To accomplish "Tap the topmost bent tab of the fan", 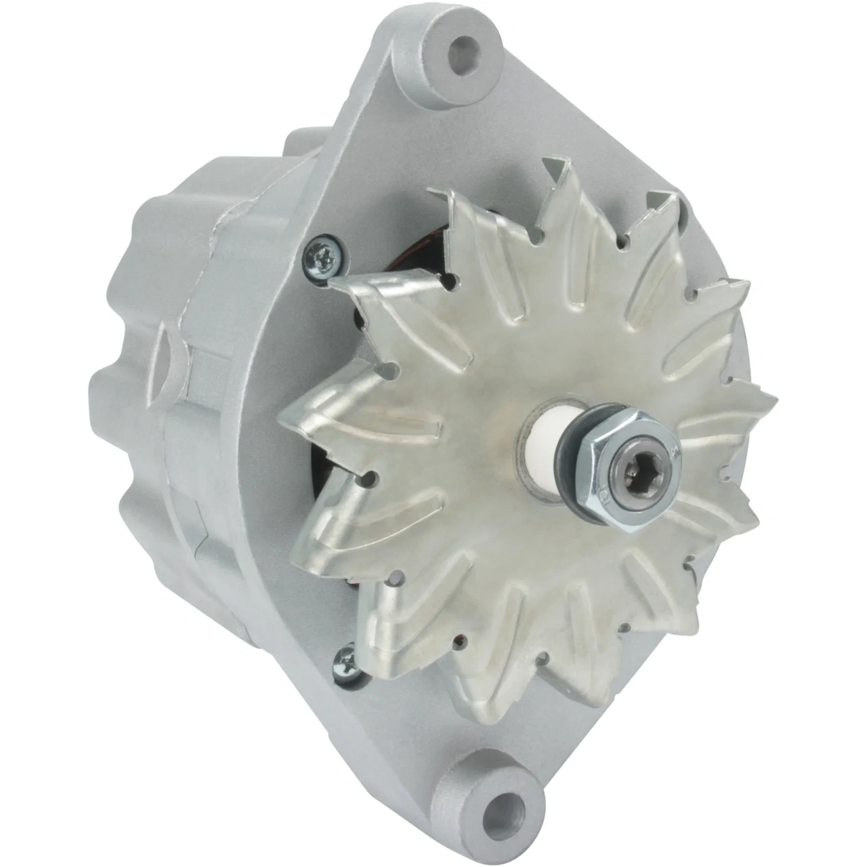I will pyautogui.click(x=559, y=169).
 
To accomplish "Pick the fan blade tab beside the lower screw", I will pyautogui.click(x=379, y=630).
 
